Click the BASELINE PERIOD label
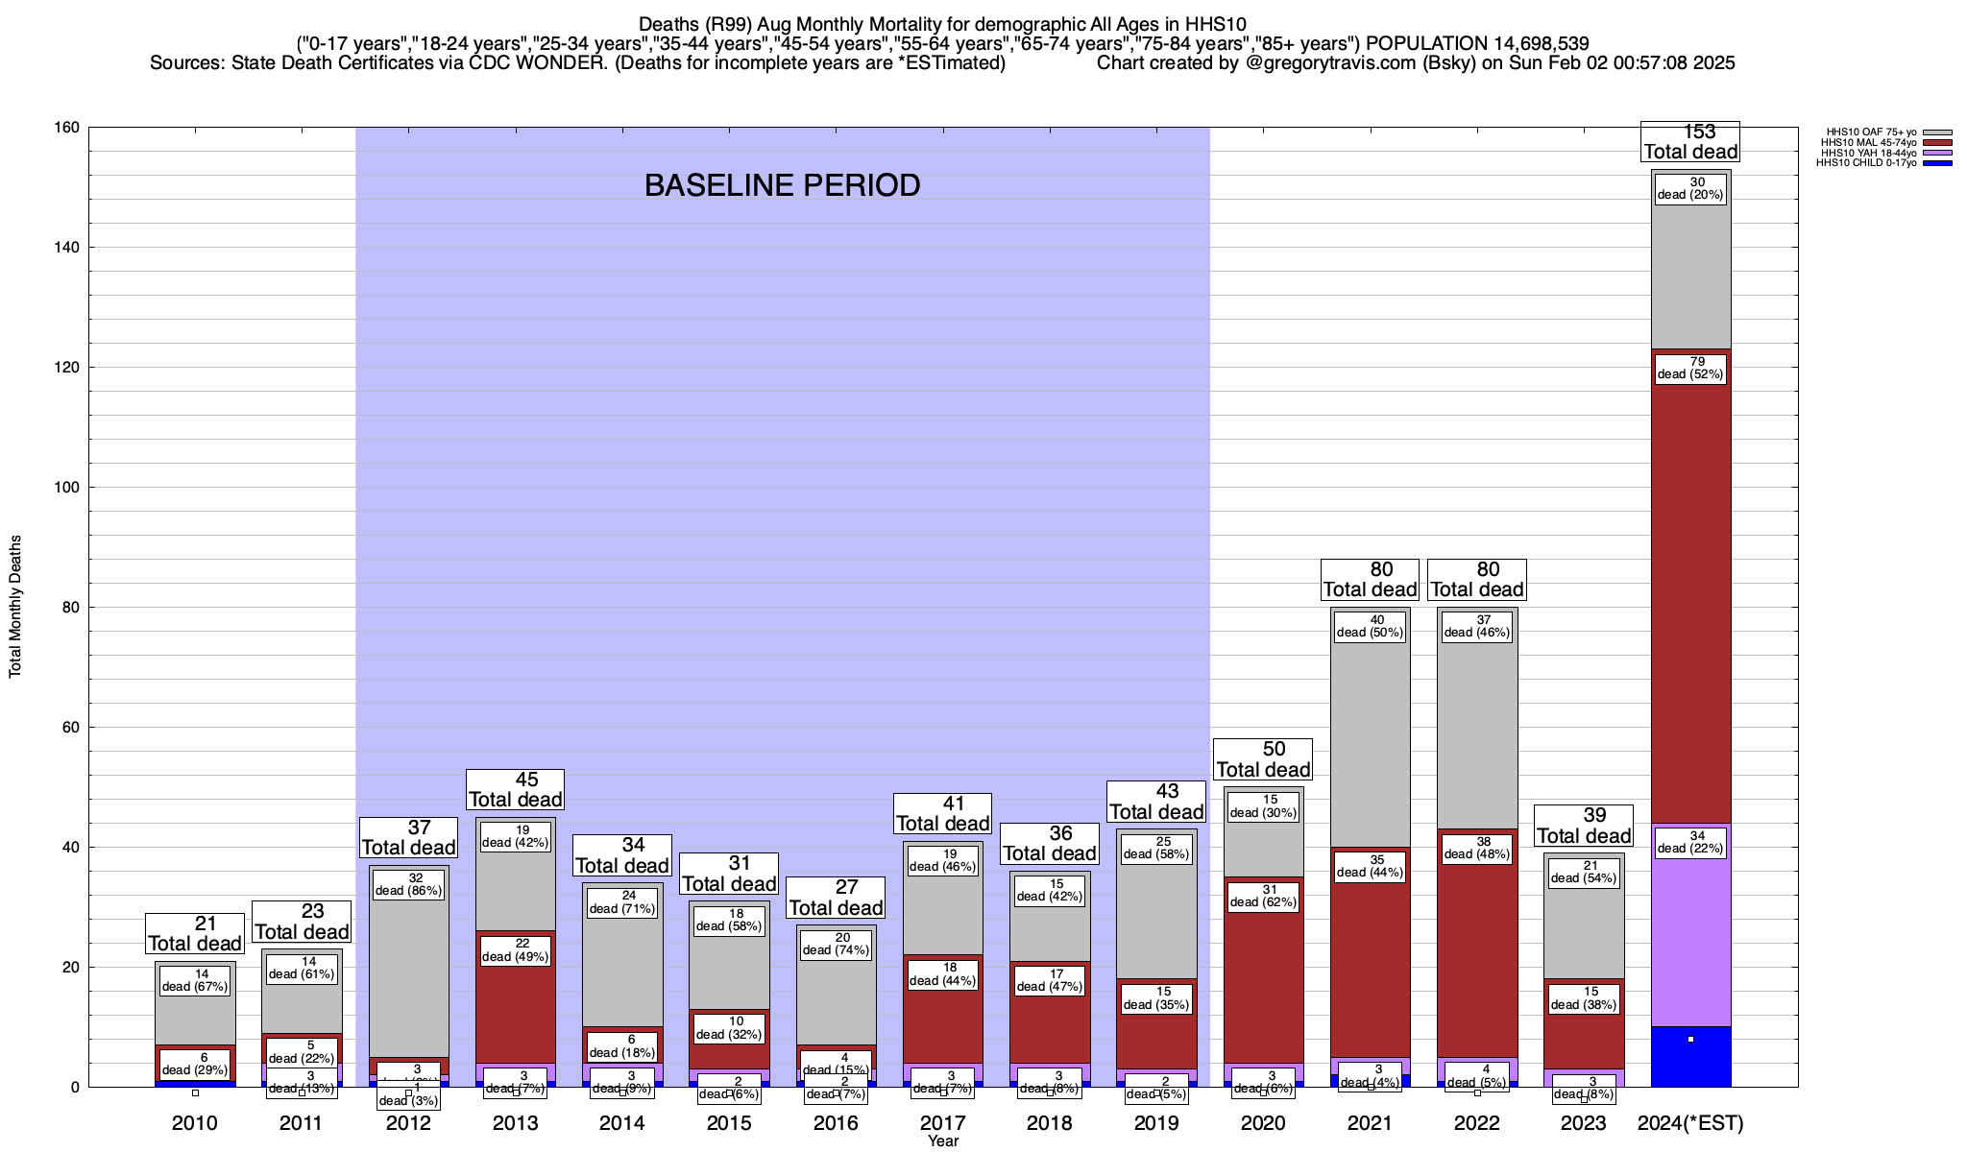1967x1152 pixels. coord(782,185)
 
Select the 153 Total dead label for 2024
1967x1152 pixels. coord(1690,141)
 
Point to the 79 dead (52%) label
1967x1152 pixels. coord(1690,369)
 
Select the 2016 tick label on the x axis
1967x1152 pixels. coord(836,1123)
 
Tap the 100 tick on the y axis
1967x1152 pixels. coord(66,488)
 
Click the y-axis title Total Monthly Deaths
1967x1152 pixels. coord(15,607)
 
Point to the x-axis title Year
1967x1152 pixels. coord(943,1141)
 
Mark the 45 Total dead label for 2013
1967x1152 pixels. coord(515,790)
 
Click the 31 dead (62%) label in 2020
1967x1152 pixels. coord(1263,896)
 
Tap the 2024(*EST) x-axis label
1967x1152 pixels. coord(1690,1123)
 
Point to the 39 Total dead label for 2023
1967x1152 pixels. coord(1584,826)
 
